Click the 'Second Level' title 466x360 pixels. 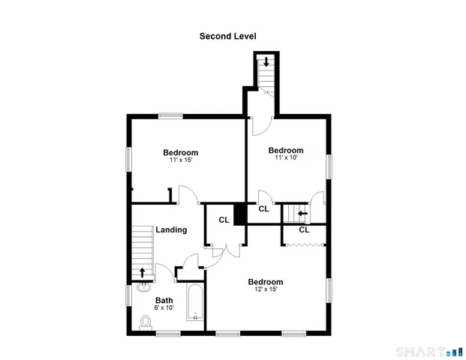tap(227, 35)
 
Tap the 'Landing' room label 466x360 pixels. tap(171, 229)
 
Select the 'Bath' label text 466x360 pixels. tap(164, 300)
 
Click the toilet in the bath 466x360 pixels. tap(146, 322)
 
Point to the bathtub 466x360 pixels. tap(194, 304)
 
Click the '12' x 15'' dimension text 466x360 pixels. tap(266, 289)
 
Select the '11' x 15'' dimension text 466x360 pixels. tap(181, 160)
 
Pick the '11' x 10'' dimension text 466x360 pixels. tap(286, 158)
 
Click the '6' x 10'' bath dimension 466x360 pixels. tap(164, 307)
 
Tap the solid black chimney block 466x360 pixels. tap(240, 214)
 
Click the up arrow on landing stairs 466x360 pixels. tap(143, 271)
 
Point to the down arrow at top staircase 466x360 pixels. tap(266, 61)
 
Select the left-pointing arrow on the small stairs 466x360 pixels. tap(302, 213)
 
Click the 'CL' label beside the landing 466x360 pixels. tap(224, 220)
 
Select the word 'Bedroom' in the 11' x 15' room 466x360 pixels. tap(181, 152)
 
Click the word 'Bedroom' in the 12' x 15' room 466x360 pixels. tap(266, 282)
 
